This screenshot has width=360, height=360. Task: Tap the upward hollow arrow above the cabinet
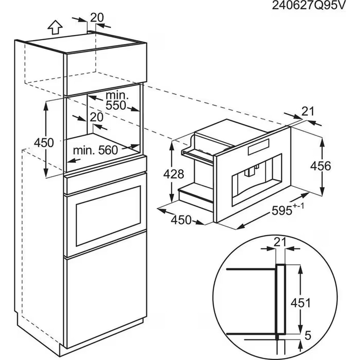55,27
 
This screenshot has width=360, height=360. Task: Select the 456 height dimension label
320,166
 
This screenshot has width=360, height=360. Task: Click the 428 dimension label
174,174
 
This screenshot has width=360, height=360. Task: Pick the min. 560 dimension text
95,150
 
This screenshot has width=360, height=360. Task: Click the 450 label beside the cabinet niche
44,143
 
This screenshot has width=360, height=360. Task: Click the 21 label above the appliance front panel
307,112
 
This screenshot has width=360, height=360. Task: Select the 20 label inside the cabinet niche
96,117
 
